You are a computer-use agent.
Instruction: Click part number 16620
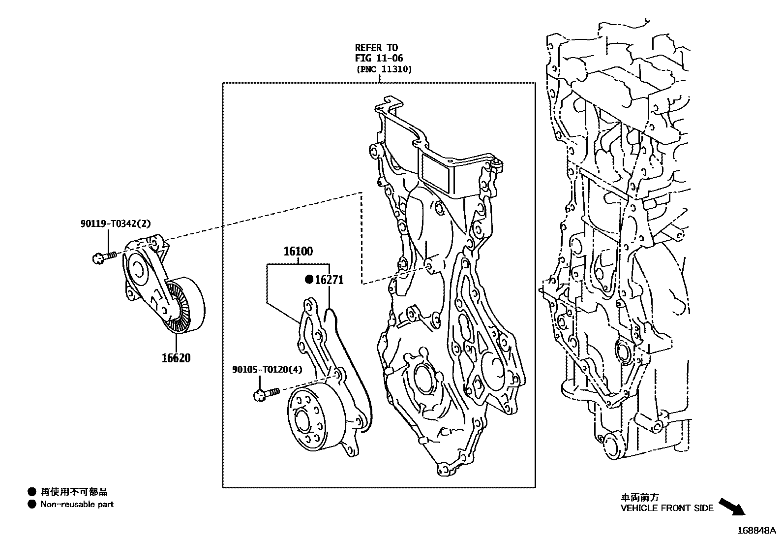176,358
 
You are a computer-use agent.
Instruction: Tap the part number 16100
298,252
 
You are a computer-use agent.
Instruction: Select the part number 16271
329,280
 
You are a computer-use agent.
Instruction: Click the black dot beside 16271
309,280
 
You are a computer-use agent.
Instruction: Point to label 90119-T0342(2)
116,223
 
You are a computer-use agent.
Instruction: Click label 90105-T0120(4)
267,370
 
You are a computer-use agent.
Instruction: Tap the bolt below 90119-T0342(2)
103,256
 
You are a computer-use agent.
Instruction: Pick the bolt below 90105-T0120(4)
266,393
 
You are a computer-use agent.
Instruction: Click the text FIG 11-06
379,59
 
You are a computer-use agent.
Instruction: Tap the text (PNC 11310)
384,69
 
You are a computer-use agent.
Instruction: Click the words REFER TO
376,48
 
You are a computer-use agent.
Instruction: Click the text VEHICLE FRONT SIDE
666,509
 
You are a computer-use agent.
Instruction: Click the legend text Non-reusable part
77,504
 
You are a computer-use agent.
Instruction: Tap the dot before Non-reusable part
32,504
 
